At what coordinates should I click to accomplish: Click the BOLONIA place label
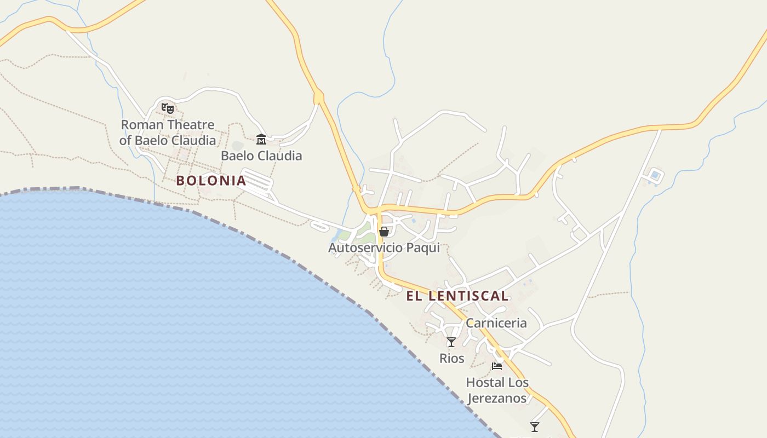(211, 181)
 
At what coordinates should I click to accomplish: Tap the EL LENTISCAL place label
(457, 296)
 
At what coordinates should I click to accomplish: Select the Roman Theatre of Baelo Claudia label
(168, 132)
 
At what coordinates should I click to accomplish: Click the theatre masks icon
(168, 108)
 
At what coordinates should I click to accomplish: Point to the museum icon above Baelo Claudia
(261, 140)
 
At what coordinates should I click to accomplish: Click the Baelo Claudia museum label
(261, 156)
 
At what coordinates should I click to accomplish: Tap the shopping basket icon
(384, 232)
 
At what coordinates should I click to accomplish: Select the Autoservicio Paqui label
(384, 248)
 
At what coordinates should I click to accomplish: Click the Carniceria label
(496, 323)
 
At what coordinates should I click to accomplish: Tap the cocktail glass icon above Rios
(451, 342)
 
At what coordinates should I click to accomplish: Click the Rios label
(452, 359)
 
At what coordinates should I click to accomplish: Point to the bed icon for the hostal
(497, 366)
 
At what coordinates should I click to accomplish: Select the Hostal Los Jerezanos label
(497, 390)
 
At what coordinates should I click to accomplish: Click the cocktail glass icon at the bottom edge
(535, 427)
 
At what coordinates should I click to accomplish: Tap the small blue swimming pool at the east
(655, 176)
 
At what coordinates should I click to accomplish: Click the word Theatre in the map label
(191, 125)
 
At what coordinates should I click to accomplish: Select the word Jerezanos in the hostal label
(497, 398)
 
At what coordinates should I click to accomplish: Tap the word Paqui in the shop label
(422, 248)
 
